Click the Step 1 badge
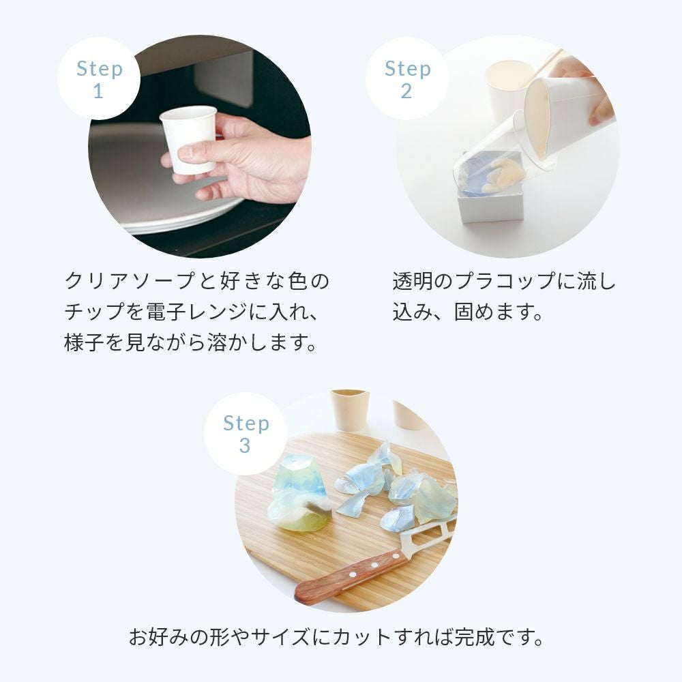pyautogui.click(x=99, y=78)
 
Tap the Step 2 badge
pyautogui.click(x=406, y=78)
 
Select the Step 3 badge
pyautogui.click(x=246, y=433)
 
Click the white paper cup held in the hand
pyautogui.click(x=188, y=139)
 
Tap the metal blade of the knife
pyautogui.click(x=428, y=533)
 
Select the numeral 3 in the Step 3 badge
pyautogui.click(x=245, y=445)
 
